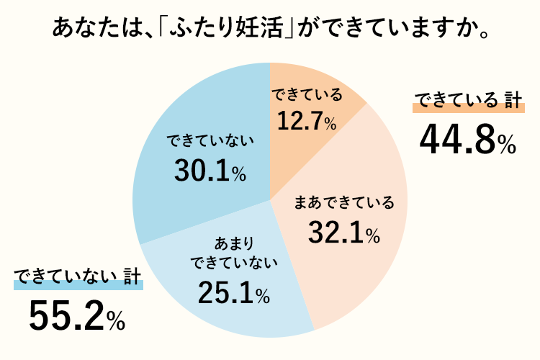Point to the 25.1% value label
pyautogui.click(x=233, y=292)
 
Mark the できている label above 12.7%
pyautogui.click(x=306, y=94)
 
